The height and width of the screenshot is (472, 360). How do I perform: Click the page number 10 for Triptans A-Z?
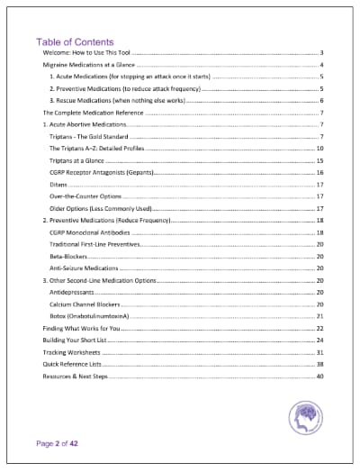[319, 148]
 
